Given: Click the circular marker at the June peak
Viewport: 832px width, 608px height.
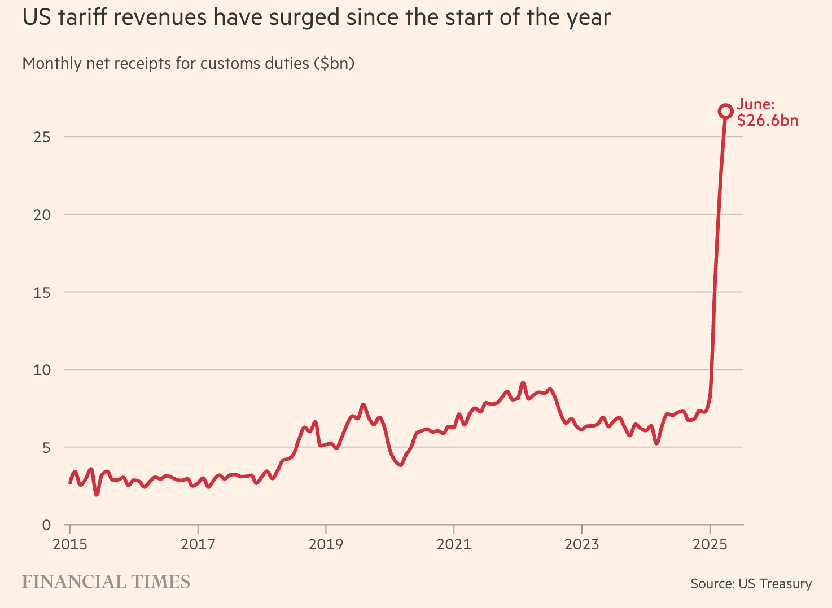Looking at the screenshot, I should click(725, 111).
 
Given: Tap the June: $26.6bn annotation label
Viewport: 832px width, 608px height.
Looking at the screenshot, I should click(767, 112).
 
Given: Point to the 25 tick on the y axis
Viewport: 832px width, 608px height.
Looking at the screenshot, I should click(42, 137).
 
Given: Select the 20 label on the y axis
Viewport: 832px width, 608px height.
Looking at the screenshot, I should click(42, 215).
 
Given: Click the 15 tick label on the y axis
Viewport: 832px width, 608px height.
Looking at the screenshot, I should click(42, 292).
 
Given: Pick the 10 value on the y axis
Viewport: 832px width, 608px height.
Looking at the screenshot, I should click(42, 370).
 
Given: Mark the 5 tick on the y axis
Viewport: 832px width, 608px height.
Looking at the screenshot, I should click(46, 448).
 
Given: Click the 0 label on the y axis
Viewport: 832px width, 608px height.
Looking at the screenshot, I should click(46, 525).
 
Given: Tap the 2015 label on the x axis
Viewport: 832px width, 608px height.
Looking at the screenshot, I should click(69, 544).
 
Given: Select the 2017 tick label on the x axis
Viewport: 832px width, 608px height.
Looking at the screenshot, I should click(198, 544).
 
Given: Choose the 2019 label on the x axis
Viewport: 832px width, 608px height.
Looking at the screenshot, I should click(326, 544).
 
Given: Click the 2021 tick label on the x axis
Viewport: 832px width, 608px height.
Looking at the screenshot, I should click(454, 544).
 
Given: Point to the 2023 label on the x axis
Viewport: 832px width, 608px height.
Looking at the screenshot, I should click(581, 544).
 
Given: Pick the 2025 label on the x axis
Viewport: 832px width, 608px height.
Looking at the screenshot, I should click(710, 544).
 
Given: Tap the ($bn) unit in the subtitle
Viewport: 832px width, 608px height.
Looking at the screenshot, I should click(334, 63).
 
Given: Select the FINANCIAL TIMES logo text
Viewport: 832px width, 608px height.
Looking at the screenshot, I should click(106, 582).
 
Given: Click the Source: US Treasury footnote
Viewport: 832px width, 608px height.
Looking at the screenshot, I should click(751, 584).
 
